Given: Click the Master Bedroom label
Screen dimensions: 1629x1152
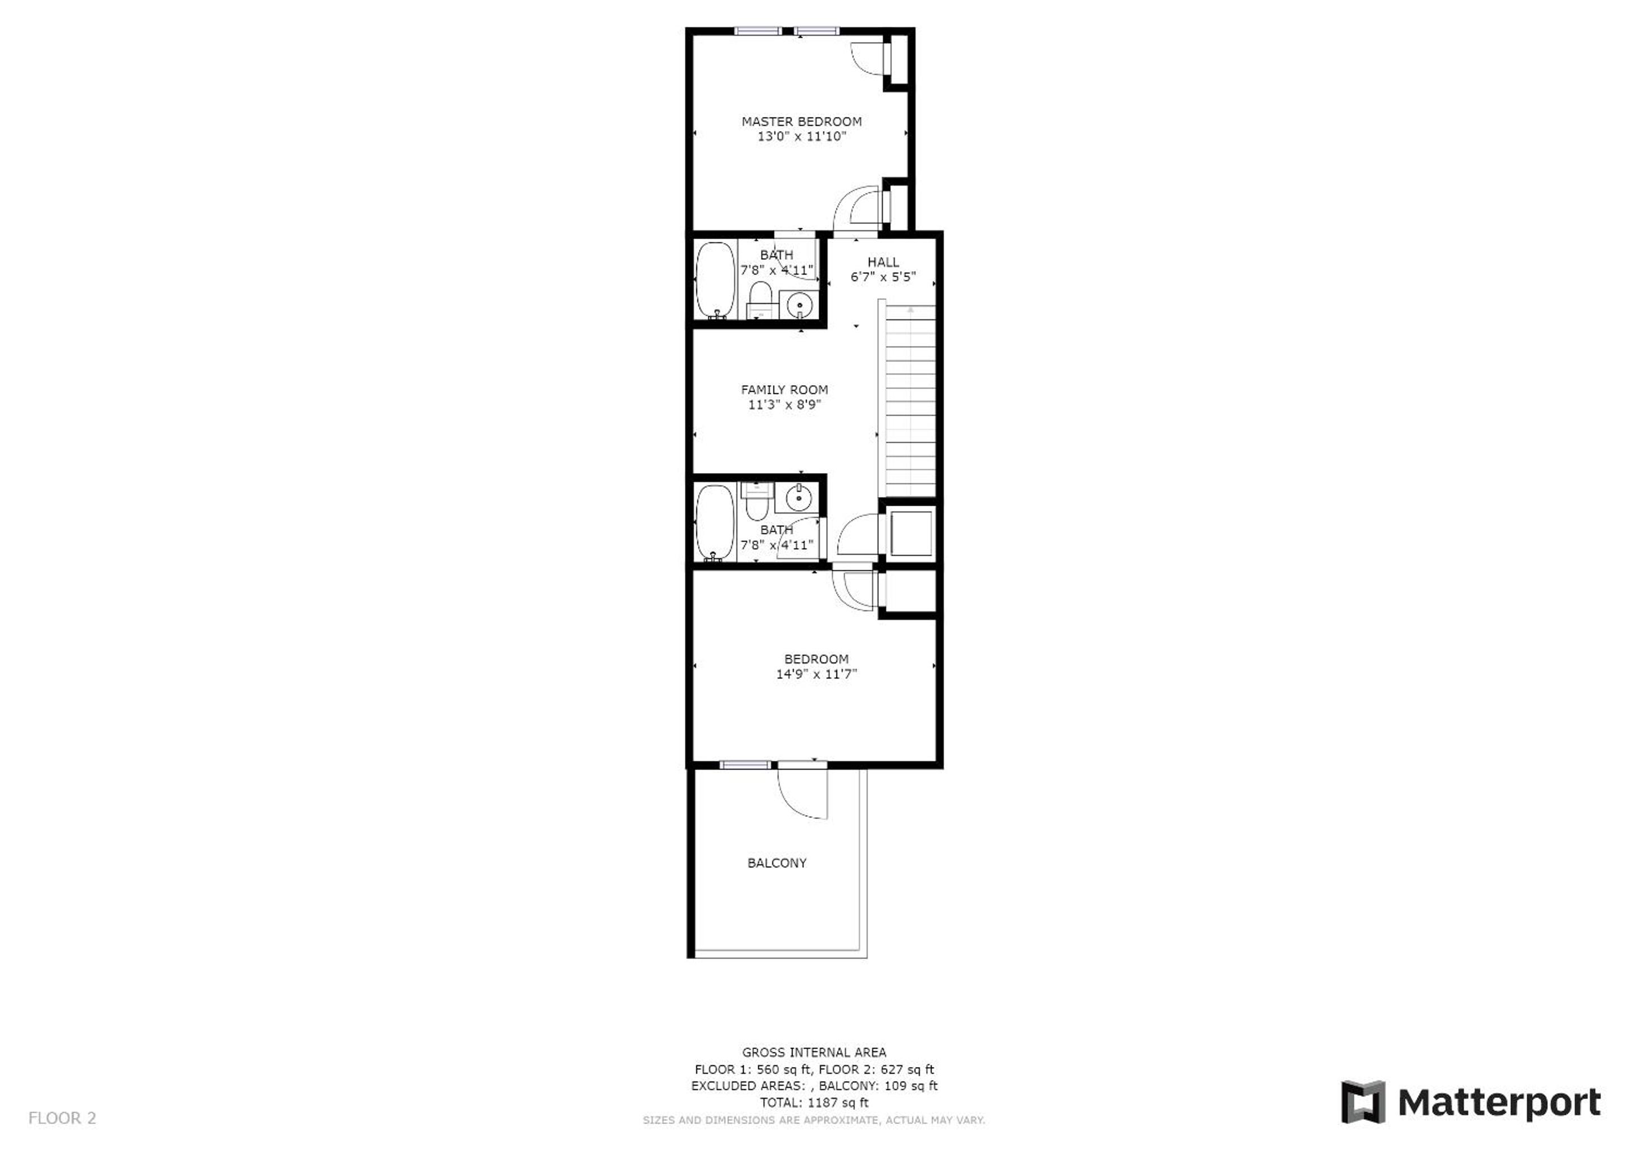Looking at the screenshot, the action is (802, 121).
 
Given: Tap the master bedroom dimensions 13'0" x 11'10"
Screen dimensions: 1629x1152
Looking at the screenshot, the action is (802, 136).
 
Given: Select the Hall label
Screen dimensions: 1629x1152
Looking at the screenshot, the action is (883, 262).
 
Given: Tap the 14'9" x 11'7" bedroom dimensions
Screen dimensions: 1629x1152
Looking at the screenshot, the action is (816, 674).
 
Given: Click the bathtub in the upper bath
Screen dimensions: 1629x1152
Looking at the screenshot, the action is (715, 280).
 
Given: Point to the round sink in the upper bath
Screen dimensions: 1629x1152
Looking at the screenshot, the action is (800, 305).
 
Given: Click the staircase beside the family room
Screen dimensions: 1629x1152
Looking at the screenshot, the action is (908, 401).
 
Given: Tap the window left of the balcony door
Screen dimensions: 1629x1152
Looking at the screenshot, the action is (745, 764).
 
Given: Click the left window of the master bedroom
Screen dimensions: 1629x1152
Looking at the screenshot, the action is (758, 30).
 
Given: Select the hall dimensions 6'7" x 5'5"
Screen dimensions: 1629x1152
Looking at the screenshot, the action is (883, 277).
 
